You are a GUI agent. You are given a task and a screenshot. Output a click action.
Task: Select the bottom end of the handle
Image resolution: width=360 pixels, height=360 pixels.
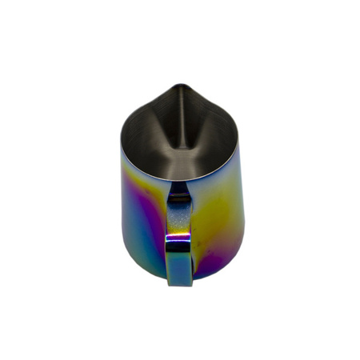(178, 280)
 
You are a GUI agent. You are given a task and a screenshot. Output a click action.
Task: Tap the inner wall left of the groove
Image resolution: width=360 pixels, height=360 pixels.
(148, 140)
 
